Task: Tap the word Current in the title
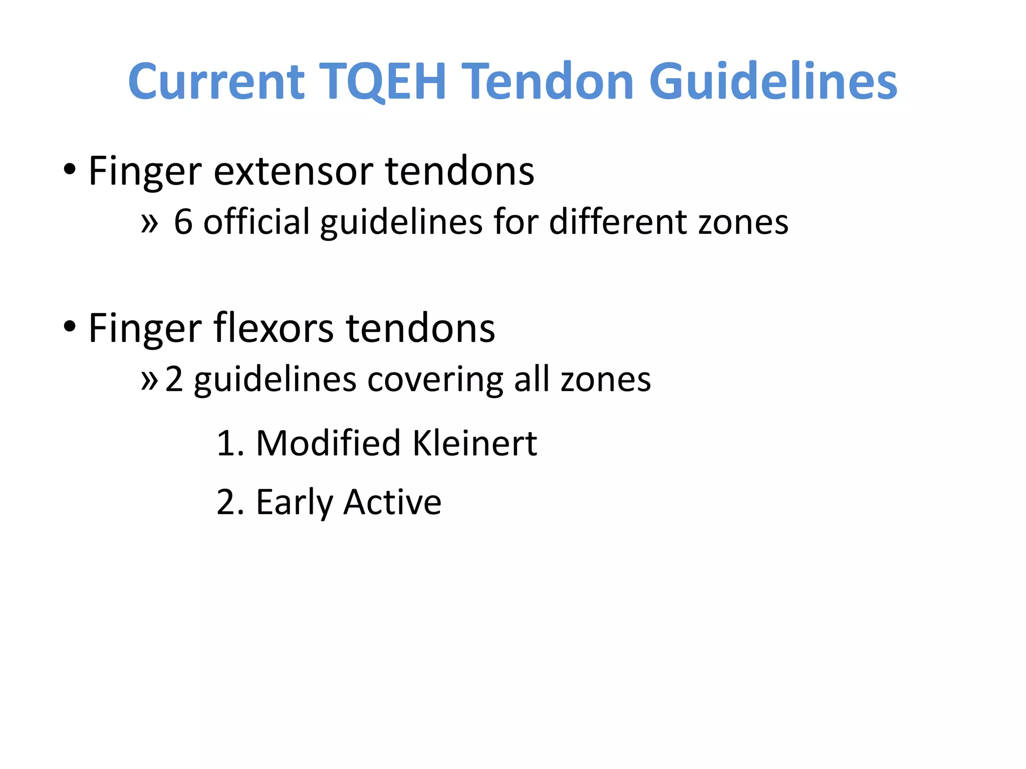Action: point(216,81)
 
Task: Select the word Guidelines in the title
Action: point(773,81)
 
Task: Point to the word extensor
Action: point(294,171)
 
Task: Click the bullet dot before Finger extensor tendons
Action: point(70,169)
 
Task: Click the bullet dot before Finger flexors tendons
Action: point(70,326)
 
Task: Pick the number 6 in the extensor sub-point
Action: point(183,222)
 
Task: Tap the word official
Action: point(256,222)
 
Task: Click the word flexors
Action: point(274,328)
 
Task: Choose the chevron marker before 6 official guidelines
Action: point(149,223)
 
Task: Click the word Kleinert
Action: point(474,443)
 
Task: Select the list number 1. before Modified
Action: point(229,444)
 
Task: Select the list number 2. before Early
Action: point(229,502)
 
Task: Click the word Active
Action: point(392,502)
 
